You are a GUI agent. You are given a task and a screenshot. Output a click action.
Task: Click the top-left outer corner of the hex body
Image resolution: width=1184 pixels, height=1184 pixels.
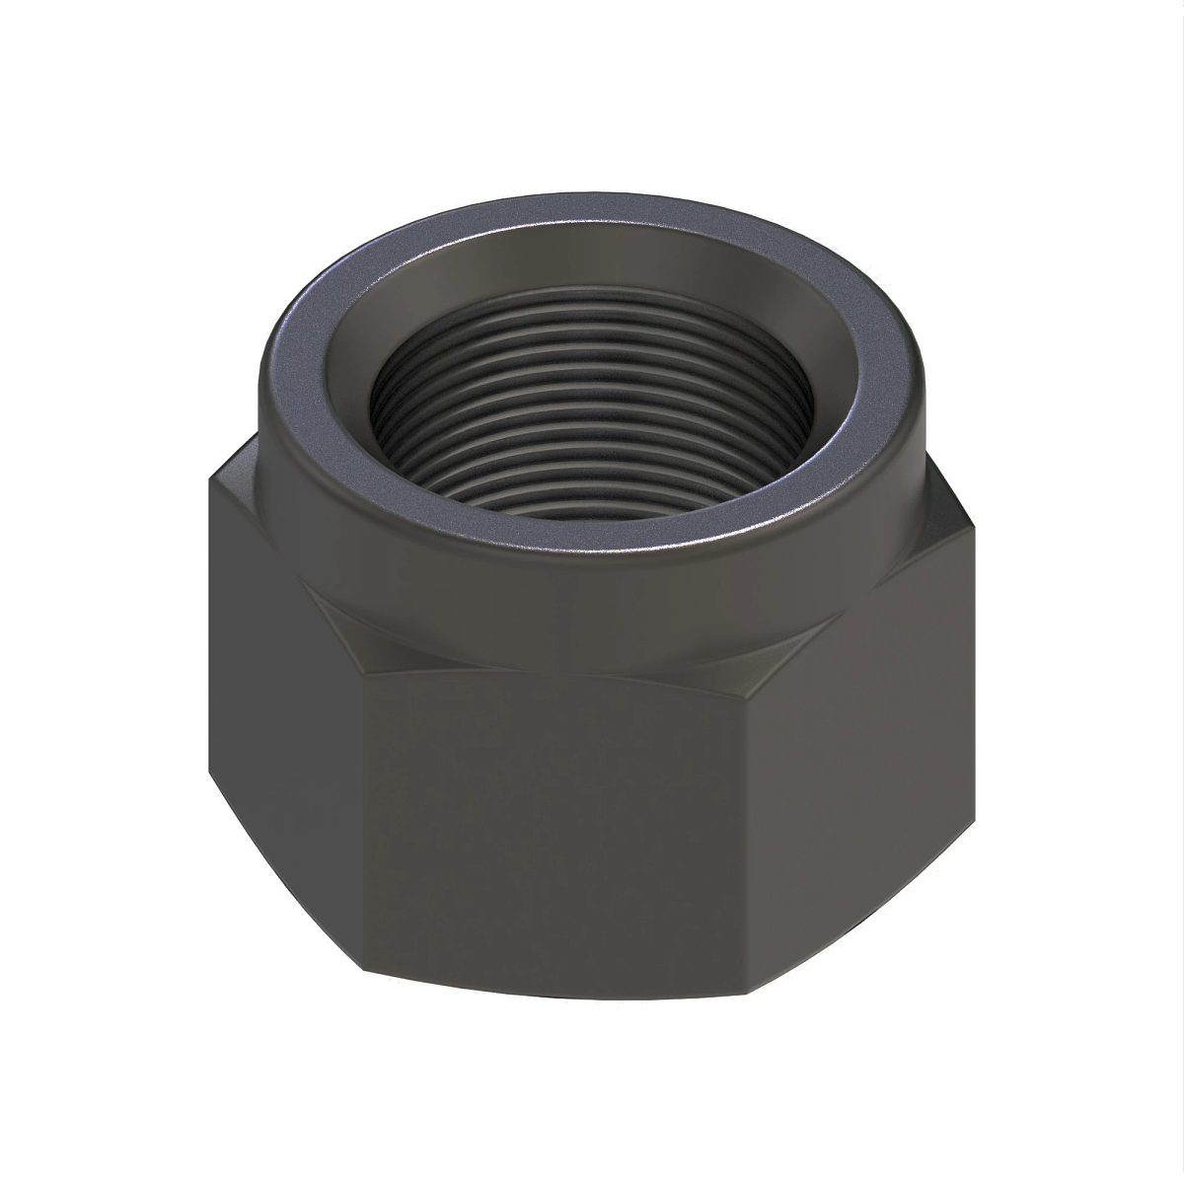(x=209, y=483)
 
